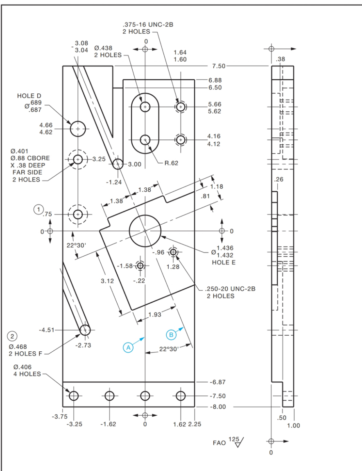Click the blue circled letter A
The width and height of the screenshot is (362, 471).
click(x=128, y=347)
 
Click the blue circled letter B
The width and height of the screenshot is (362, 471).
click(x=171, y=334)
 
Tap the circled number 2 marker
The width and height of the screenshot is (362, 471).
click(x=13, y=337)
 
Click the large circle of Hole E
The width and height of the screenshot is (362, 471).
click(x=145, y=231)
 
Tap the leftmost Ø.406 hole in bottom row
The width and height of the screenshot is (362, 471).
click(x=74, y=396)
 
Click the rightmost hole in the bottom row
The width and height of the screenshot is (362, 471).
click(x=181, y=396)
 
